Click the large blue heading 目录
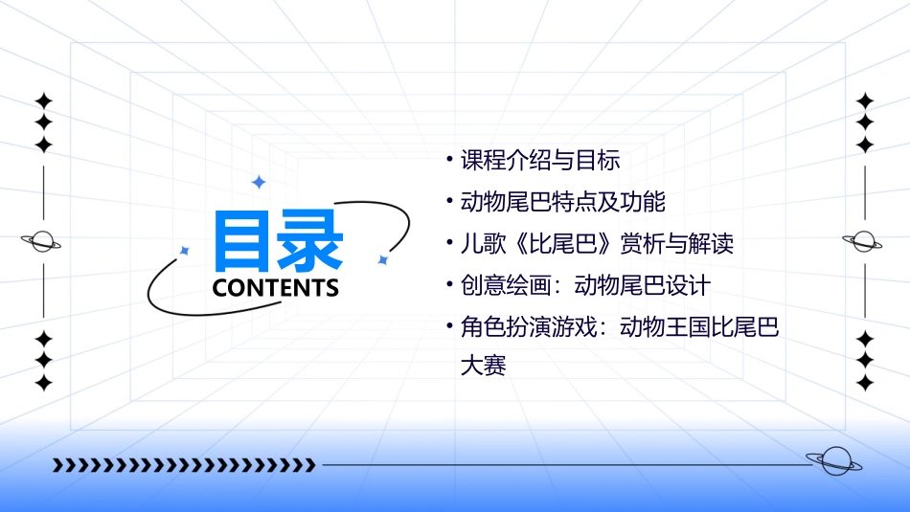[x=278, y=240]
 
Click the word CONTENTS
[x=276, y=288]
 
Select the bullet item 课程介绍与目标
[x=540, y=161]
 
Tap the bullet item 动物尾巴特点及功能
[x=563, y=202]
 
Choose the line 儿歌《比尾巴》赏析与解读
[x=597, y=244]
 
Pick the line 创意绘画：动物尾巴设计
[x=585, y=285]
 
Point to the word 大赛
[x=483, y=365]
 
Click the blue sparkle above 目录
[x=258, y=182]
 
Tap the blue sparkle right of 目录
[x=382, y=259]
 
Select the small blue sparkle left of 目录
[x=185, y=251]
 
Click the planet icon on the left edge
[x=42, y=242]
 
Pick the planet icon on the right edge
[x=865, y=241]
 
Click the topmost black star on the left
[x=43, y=100]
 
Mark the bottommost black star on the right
[x=865, y=383]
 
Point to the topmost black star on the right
[x=865, y=100]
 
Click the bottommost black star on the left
[x=43, y=383]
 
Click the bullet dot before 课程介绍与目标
[x=449, y=159]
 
